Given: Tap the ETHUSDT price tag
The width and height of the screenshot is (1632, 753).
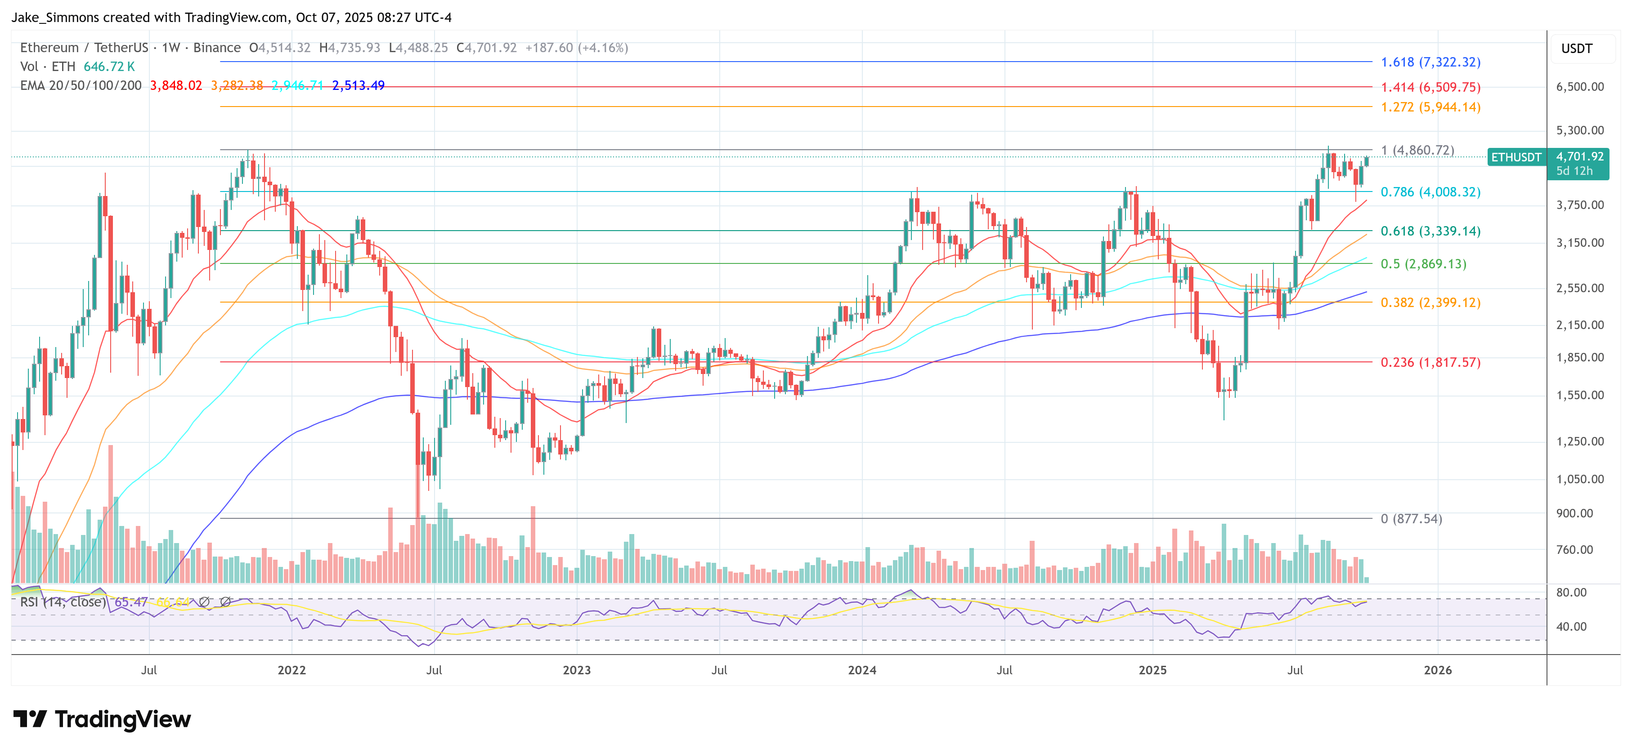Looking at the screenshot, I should [x=1516, y=157].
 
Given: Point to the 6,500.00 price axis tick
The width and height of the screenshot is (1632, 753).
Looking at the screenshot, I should [x=1580, y=87].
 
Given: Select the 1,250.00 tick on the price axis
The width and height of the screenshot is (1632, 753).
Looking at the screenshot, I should [x=1580, y=441].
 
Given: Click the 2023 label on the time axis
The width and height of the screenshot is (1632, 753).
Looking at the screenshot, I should [x=577, y=670].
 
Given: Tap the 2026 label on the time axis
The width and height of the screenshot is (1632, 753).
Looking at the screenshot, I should [x=1438, y=670].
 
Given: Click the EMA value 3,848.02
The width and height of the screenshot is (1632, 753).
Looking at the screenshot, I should [x=175, y=85].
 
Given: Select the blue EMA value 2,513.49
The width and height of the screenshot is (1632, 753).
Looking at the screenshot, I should [x=358, y=85].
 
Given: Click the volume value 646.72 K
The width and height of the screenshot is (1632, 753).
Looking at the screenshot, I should [x=109, y=67].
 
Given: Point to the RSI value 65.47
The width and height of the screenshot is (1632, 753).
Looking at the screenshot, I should [x=130, y=602].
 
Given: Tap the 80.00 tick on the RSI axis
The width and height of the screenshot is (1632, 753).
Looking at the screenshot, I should [x=1571, y=593].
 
